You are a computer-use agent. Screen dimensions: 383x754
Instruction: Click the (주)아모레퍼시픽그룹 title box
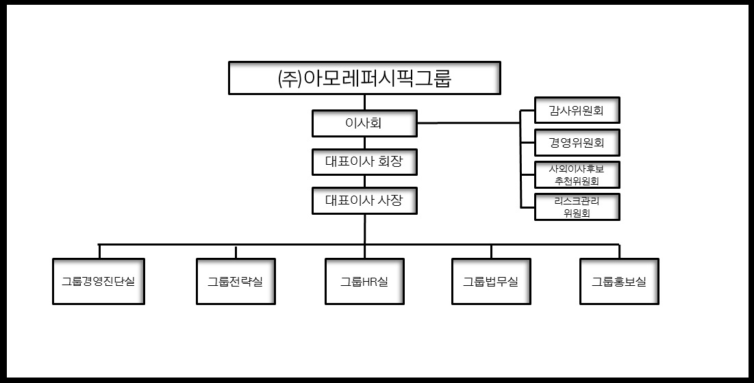(364, 78)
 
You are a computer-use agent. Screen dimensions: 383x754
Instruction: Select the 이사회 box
(364, 124)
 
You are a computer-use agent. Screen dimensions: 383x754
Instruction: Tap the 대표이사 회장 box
(364, 162)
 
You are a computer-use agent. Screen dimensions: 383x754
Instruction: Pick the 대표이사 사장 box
(364, 201)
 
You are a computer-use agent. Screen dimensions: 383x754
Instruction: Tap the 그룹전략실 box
(235, 281)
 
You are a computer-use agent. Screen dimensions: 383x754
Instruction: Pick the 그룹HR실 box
(364, 281)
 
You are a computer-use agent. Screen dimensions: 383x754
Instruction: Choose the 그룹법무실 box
(490, 281)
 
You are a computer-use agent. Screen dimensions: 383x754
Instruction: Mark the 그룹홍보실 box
(618, 281)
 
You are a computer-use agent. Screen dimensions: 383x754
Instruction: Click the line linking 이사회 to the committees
(469, 124)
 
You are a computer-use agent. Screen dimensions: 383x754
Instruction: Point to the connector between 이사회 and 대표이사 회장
(364, 143)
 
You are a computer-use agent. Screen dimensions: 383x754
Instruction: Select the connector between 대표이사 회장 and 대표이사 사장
(364, 181)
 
